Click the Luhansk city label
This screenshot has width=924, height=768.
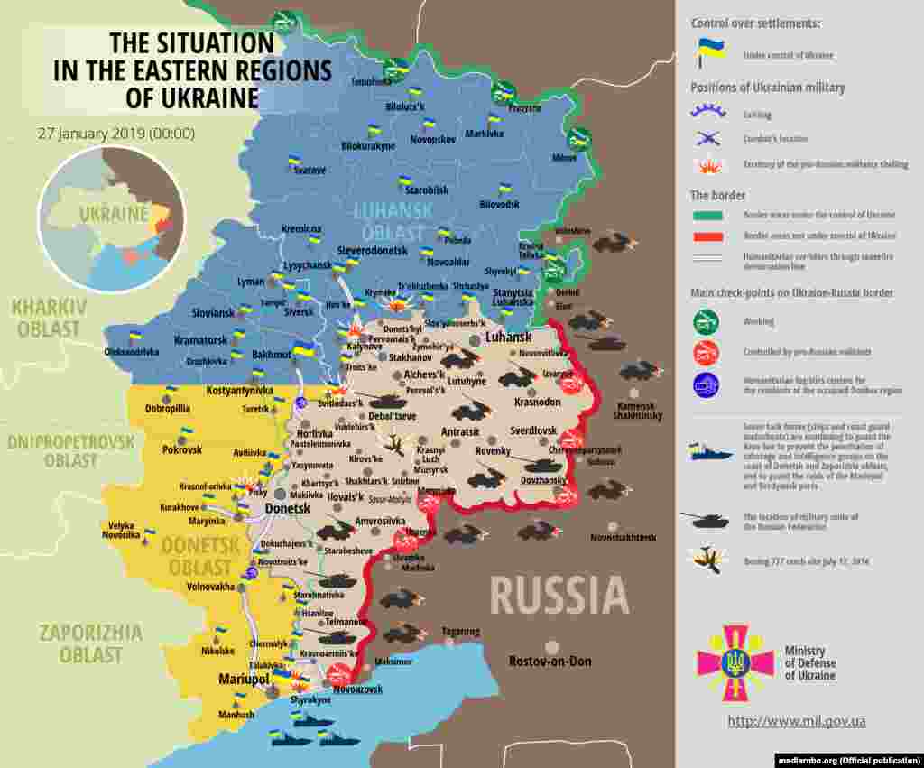click(507, 337)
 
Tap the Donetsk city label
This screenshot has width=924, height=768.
click(288, 509)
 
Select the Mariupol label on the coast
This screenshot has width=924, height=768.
click(244, 678)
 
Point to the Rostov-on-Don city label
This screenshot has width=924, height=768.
click(550, 662)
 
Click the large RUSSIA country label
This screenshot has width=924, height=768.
click(559, 596)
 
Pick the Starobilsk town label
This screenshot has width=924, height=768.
click(426, 190)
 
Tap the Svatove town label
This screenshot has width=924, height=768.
click(309, 170)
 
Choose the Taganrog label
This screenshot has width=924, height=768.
click(461, 631)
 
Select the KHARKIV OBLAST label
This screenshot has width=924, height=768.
click(49, 318)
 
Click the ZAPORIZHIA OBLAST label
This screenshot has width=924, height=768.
click(89, 643)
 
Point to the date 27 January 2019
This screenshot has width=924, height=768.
click(115, 134)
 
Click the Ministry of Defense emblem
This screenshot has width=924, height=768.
click(735, 663)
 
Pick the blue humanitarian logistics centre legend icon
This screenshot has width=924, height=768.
click(706, 385)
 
